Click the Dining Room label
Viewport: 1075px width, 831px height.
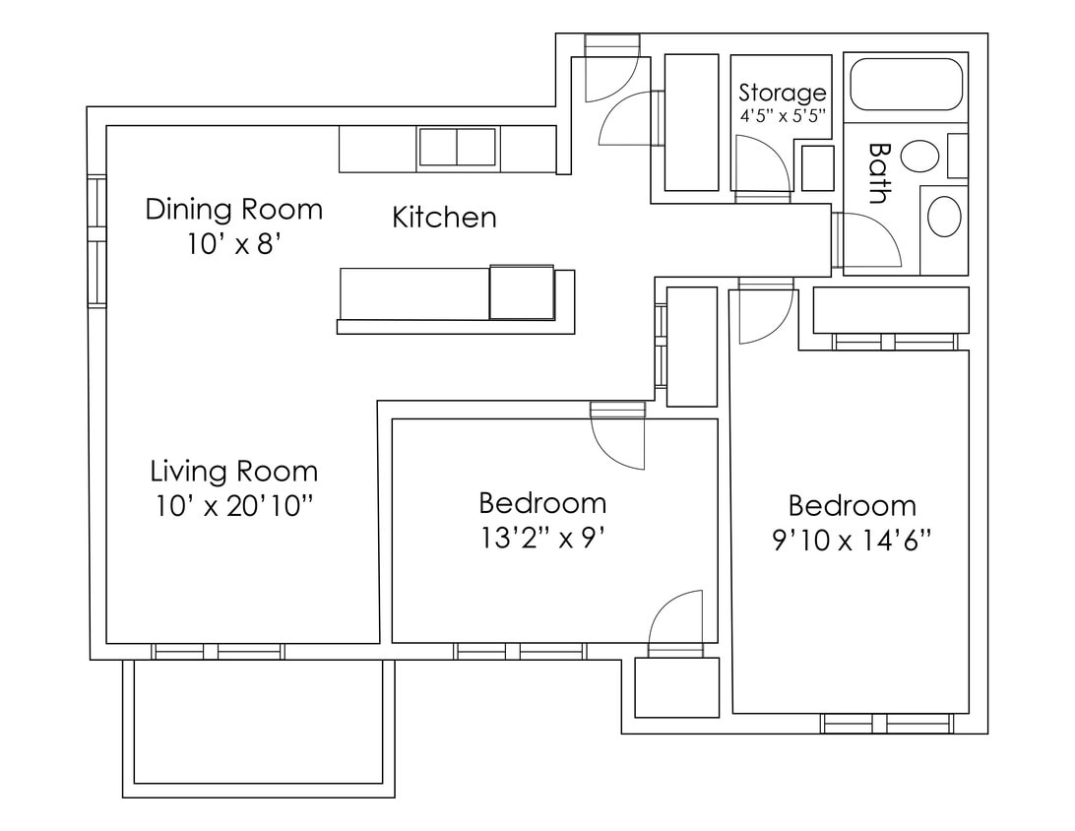tap(233, 209)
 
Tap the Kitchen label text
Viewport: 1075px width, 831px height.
tap(444, 218)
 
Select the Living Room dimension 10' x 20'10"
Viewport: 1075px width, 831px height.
tap(233, 506)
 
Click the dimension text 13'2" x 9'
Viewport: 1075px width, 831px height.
tap(541, 539)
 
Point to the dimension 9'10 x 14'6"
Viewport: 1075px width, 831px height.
tap(852, 541)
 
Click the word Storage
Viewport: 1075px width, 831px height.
tap(783, 94)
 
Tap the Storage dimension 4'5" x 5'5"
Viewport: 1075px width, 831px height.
tap(783, 115)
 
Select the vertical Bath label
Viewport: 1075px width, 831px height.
tap(879, 172)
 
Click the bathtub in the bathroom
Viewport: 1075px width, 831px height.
tap(906, 85)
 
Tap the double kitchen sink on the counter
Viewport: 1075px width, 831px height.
tap(457, 148)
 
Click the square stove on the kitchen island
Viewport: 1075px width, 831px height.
tap(522, 292)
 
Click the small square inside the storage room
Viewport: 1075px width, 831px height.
tap(818, 168)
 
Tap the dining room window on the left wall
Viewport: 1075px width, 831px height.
tap(96, 241)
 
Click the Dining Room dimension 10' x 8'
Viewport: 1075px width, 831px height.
tap(233, 243)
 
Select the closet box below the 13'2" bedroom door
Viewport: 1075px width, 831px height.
tap(676, 686)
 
